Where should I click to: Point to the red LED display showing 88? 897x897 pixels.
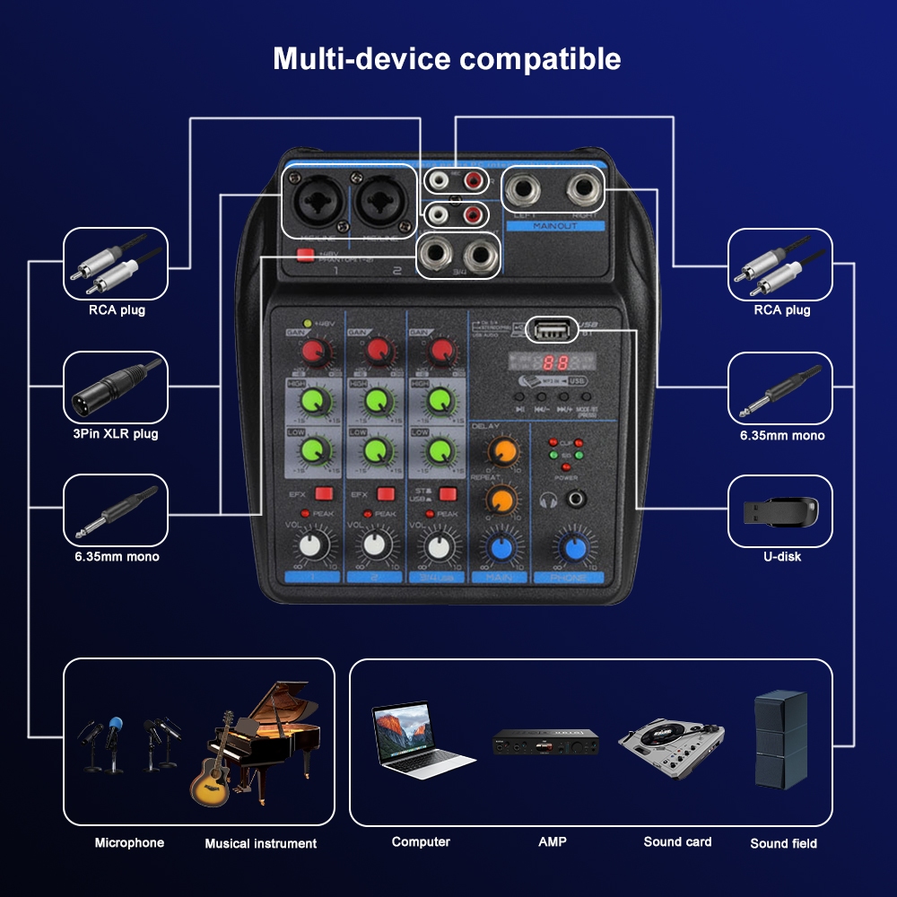[x=556, y=364]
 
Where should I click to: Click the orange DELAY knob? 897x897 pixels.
[x=501, y=451]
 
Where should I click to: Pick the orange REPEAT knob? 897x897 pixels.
[x=501, y=500]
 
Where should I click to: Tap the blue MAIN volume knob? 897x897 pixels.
[x=500, y=545]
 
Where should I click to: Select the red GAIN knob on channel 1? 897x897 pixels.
[x=311, y=350]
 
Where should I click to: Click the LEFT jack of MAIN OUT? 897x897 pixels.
[x=525, y=190]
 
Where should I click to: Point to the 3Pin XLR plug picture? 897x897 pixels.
[x=115, y=387]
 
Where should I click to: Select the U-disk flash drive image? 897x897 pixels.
[x=779, y=511]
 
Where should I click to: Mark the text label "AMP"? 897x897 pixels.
[x=553, y=841]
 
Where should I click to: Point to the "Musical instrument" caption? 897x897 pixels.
[x=260, y=843]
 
